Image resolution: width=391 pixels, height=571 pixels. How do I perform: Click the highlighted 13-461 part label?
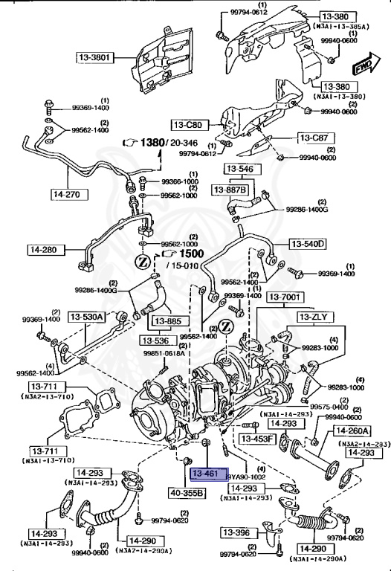click(x=205, y=473)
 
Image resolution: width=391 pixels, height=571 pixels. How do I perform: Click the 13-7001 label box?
click(x=285, y=297)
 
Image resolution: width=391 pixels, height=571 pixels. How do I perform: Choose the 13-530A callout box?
click(x=88, y=317)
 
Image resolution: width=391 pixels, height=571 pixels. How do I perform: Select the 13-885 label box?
click(x=168, y=322)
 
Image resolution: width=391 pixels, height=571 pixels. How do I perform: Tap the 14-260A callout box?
click(x=352, y=430)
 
